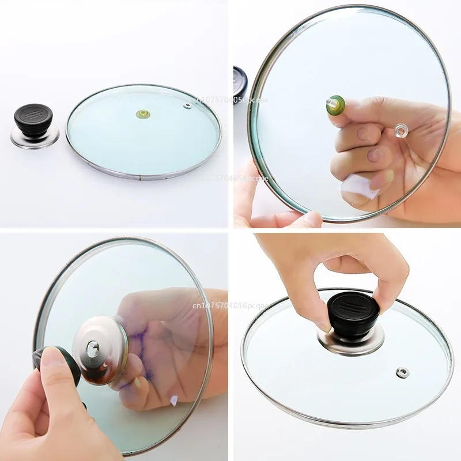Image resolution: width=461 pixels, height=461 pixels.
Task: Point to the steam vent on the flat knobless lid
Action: [x=188, y=105]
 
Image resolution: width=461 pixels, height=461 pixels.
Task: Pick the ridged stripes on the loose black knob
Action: [x=34, y=111]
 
